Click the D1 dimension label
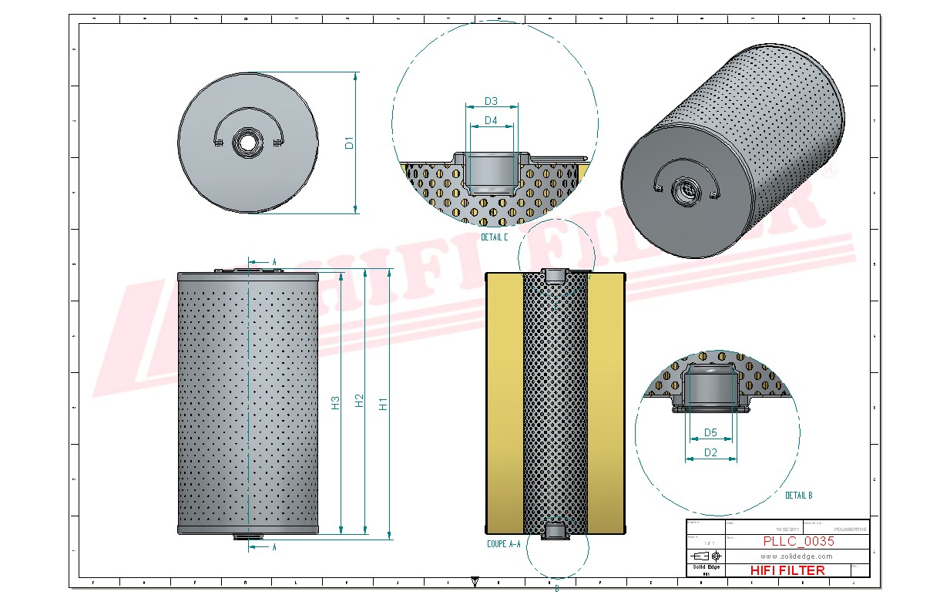349,143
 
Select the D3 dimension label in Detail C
491,101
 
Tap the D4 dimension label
491,120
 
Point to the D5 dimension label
710,433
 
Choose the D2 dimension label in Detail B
710,452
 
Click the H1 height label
383,402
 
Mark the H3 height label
335,402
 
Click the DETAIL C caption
494,237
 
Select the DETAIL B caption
798,496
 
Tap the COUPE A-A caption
504,544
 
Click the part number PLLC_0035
798,541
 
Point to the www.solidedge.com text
797,556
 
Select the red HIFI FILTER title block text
787,570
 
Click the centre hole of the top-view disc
247,143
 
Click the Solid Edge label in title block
706,567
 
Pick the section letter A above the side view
274,262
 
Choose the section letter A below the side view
274,546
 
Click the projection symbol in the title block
707,556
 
